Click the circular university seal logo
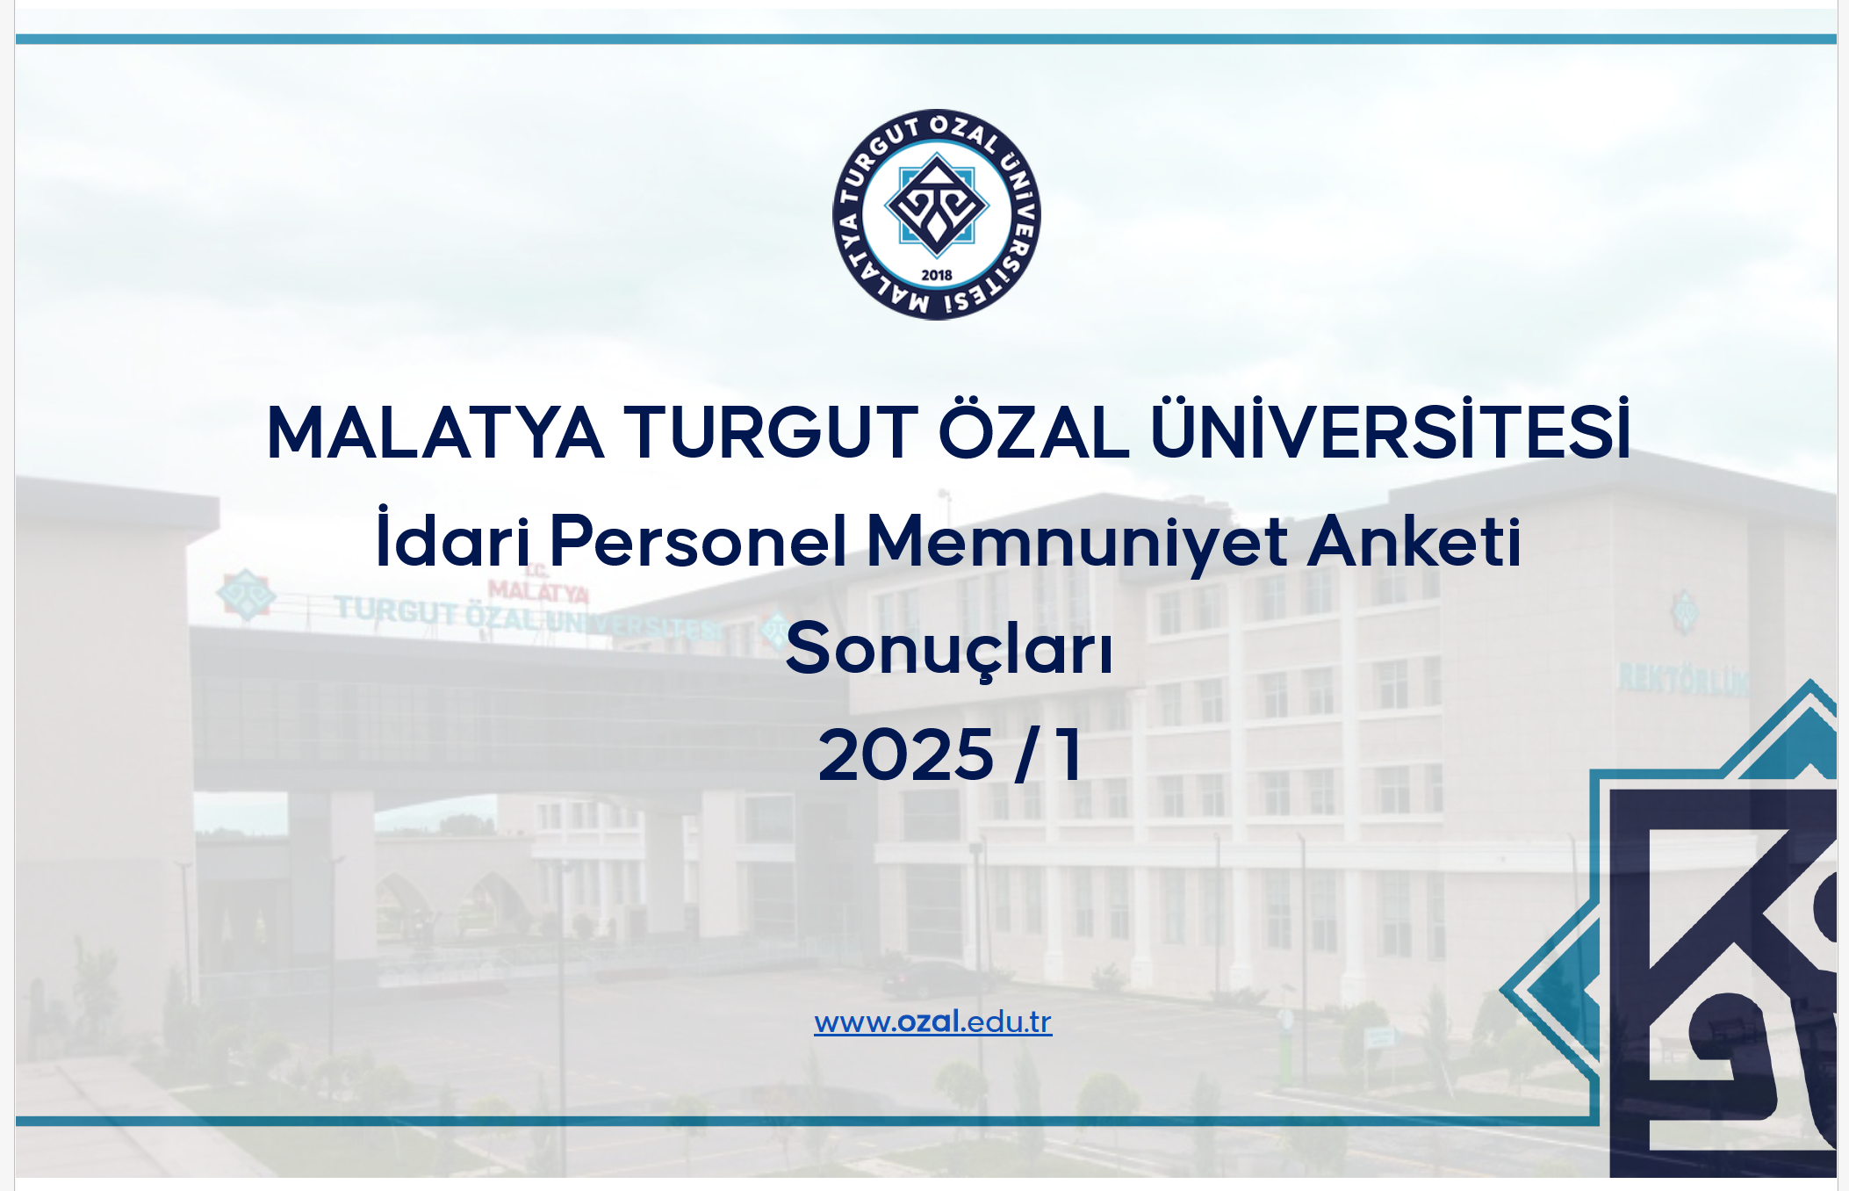click(937, 214)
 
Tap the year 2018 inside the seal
click(937, 275)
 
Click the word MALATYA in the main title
click(435, 432)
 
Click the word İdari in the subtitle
click(453, 537)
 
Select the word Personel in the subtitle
click(698, 540)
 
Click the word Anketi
click(1414, 540)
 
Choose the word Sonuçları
click(949, 650)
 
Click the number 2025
click(905, 754)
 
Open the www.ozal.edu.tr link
click(933, 1022)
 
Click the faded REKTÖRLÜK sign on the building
click(1683, 679)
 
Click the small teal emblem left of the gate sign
click(247, 595)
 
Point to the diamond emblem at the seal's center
click(937, 205)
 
